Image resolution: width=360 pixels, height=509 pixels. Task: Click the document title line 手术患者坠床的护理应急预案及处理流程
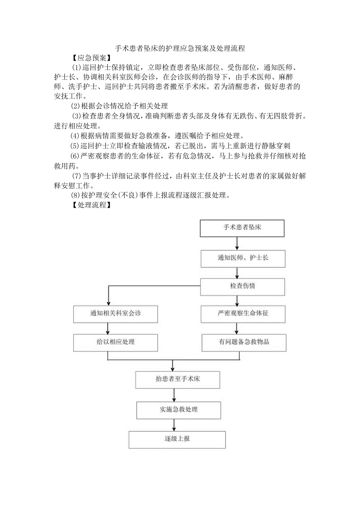tap(180, 49)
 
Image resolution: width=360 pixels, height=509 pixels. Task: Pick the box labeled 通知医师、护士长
tap(243, 258)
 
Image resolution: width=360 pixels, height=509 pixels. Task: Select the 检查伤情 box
tap(243, 286)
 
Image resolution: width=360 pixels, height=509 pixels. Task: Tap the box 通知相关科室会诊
tap(115, 314)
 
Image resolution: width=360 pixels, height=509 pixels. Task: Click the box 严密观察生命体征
tap(243, 314)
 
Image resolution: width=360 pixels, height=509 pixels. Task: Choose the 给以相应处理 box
tap(115, 342)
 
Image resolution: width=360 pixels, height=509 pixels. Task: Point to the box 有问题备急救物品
tap(244, 342)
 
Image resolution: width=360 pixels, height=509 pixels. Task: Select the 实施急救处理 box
tap(178, 410)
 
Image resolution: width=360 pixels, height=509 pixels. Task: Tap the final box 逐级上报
tap(177, 439)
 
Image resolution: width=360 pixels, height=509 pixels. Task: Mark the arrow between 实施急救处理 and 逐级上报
tap(173, 424)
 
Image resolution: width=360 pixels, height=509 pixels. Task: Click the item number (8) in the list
tap(75, 195)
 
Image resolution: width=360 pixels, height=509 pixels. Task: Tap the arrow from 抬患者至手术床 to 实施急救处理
tap(173, 394)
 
